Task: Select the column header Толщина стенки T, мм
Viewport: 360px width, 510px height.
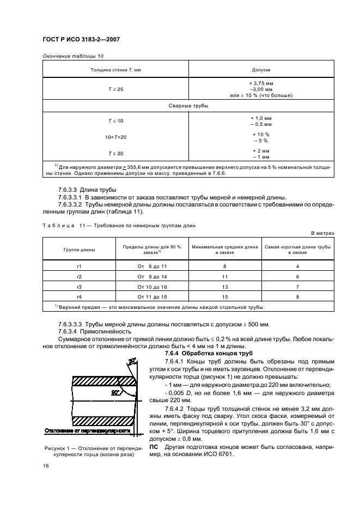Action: coord(115,70)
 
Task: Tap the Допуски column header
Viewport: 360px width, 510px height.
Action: coord(261,70)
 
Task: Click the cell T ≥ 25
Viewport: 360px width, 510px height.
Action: coord(115,89)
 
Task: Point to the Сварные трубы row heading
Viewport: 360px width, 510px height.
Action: coord(188,106)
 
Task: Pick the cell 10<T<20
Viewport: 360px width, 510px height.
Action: coord(115,137)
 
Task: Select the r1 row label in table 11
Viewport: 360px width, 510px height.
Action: coord(79,266)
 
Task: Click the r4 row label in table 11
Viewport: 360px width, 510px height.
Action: coord(79,296)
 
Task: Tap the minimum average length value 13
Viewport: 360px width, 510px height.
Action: coord(224,286)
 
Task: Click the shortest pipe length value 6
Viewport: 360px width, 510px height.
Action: coord(297,276)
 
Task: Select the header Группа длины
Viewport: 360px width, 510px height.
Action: coord(79,250)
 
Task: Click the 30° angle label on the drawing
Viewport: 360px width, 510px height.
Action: coord(132,361)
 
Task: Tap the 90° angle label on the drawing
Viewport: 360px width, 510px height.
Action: coord(115,392)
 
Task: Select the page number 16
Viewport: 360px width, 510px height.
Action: coord(46,466)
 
